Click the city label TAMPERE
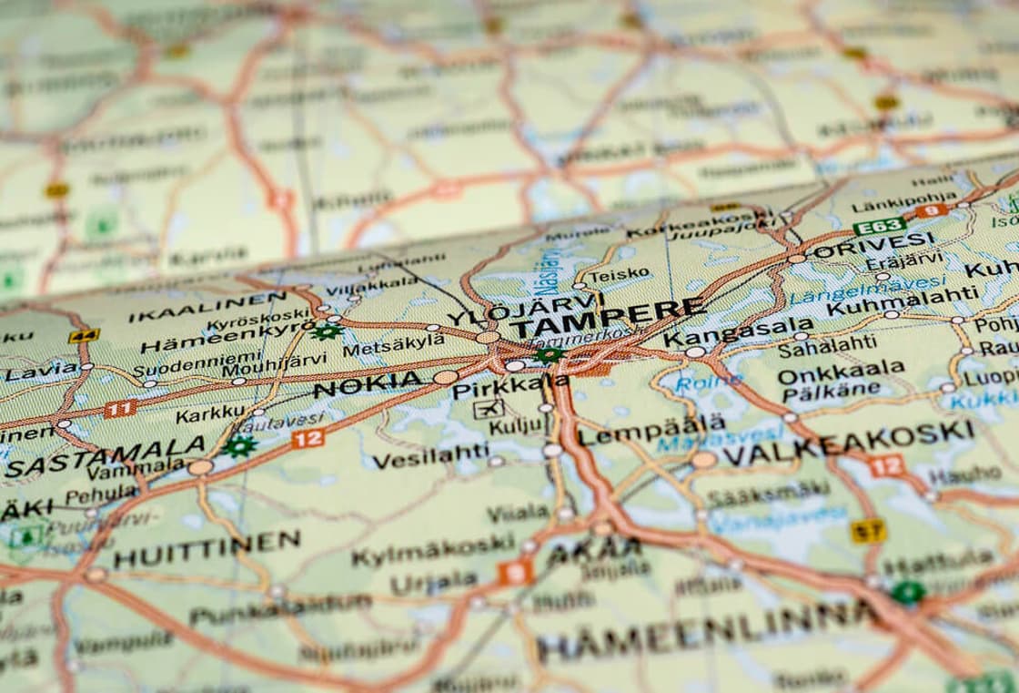[x=607, y=318]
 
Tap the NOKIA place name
[x=368, y=386]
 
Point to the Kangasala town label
[x=738, y=332]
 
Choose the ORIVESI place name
[x=873, y=245]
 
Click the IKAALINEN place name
[x=207, y=306]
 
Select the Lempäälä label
[x=651, y=429]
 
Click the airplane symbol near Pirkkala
[x=489, y=409]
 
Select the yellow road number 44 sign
[x=84, y=335]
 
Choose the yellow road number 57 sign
[x=868, y=530]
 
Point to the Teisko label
[x=619, y=273]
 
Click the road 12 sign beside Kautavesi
[x=308, y=438]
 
